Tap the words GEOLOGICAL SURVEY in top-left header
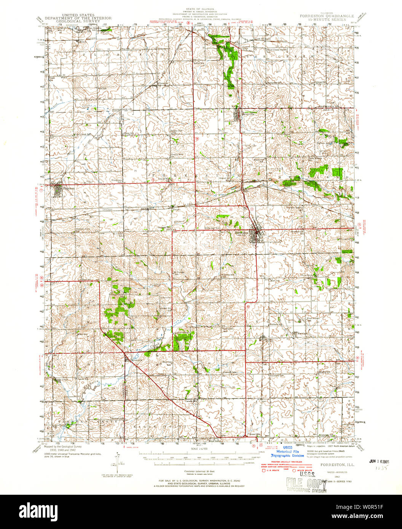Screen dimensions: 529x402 (x=78, y=22)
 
